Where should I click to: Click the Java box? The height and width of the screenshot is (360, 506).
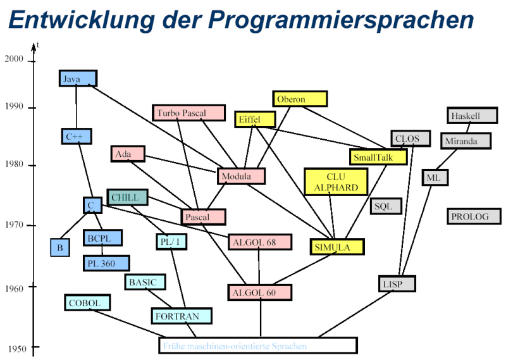[78, 78]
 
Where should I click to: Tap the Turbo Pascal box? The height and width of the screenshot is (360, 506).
[189, 113]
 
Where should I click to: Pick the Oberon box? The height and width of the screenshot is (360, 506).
[300, 99]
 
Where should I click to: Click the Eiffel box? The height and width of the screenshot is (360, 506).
[256, 119]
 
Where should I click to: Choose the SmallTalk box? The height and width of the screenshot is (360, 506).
[378, 156]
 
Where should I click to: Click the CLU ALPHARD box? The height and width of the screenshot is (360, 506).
[336, 182]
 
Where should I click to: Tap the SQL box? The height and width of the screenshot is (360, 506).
[385, 206]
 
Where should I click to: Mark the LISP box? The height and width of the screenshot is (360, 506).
[397, 283]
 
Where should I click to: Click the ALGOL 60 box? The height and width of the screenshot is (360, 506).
[260, 292]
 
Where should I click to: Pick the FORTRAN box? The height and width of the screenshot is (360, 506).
[182, 316]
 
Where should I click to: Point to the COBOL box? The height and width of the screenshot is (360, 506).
[87, 302]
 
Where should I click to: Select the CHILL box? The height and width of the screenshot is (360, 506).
[127, 197]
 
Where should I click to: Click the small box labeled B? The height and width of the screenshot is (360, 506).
[60, 247]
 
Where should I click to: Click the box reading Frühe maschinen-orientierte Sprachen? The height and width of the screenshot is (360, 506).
[257, 345]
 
